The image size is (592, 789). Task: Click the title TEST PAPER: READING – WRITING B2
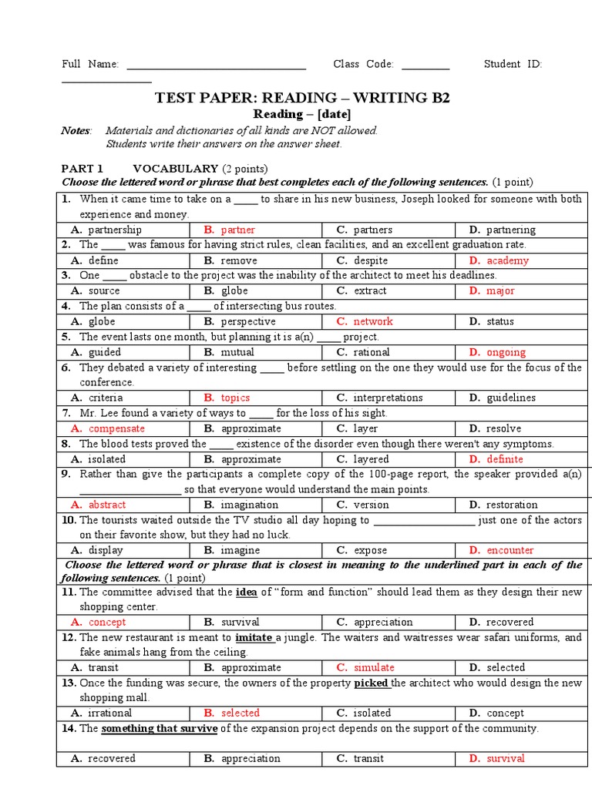point(302,98)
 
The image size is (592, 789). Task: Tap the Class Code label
point(363,64)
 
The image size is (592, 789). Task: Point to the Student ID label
point(513,64)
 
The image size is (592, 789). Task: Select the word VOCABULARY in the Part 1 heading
point(176,168)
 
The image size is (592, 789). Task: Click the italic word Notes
point(76,130)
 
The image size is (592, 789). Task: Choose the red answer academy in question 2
point(507,260)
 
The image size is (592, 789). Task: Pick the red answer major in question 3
point(500,290)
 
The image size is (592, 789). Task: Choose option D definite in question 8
point(504,459)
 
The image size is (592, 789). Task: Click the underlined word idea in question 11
point(245,592)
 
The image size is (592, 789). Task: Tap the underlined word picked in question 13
point(372,683)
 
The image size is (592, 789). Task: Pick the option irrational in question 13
point(109,713)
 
